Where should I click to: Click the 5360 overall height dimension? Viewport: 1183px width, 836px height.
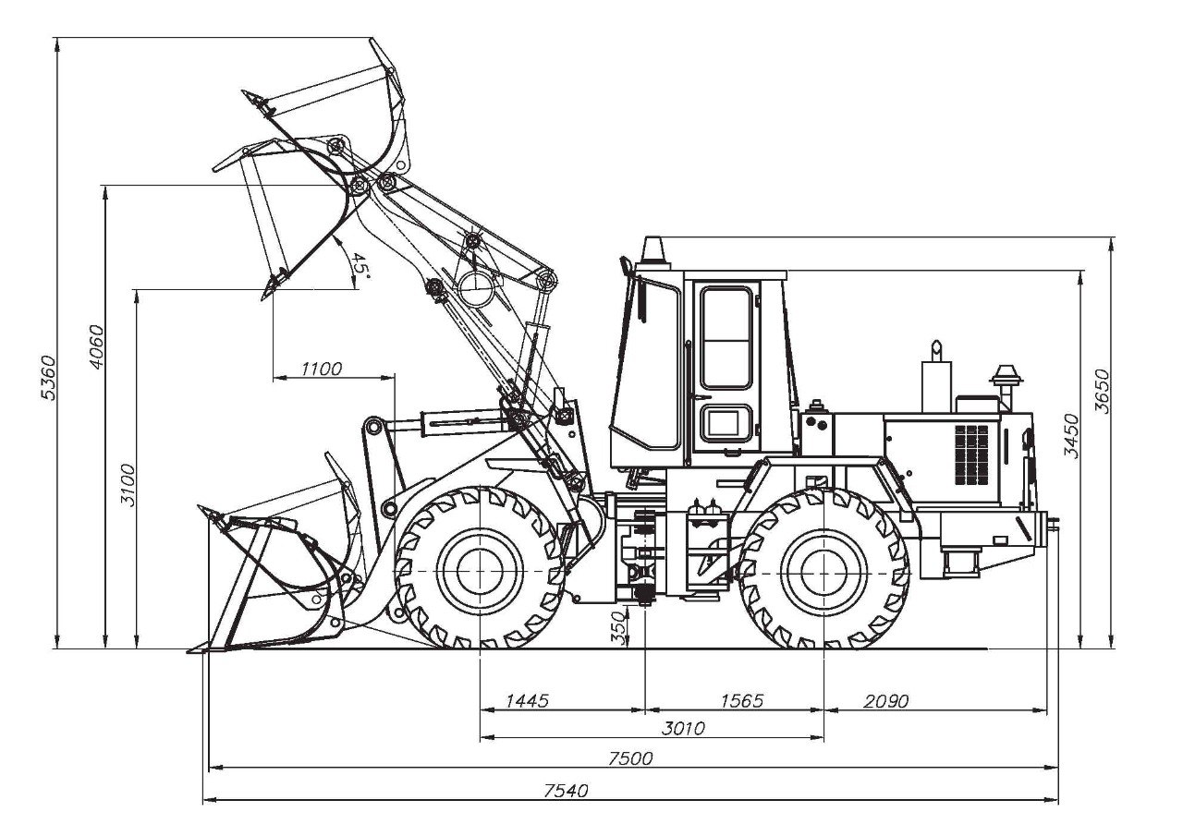(48, 378)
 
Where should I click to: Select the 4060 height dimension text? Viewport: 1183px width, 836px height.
(96, 346)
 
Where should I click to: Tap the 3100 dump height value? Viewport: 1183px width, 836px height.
(128, 485)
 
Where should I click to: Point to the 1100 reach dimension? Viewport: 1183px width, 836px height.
(322, 369)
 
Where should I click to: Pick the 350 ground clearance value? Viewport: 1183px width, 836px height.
(618, 628)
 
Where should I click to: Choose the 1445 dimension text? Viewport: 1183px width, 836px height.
(528, 700)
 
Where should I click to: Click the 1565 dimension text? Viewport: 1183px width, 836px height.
(742, 700)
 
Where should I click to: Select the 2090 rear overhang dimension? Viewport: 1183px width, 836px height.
(886, 701)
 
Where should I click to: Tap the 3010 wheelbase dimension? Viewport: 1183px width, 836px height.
(683, 728)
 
